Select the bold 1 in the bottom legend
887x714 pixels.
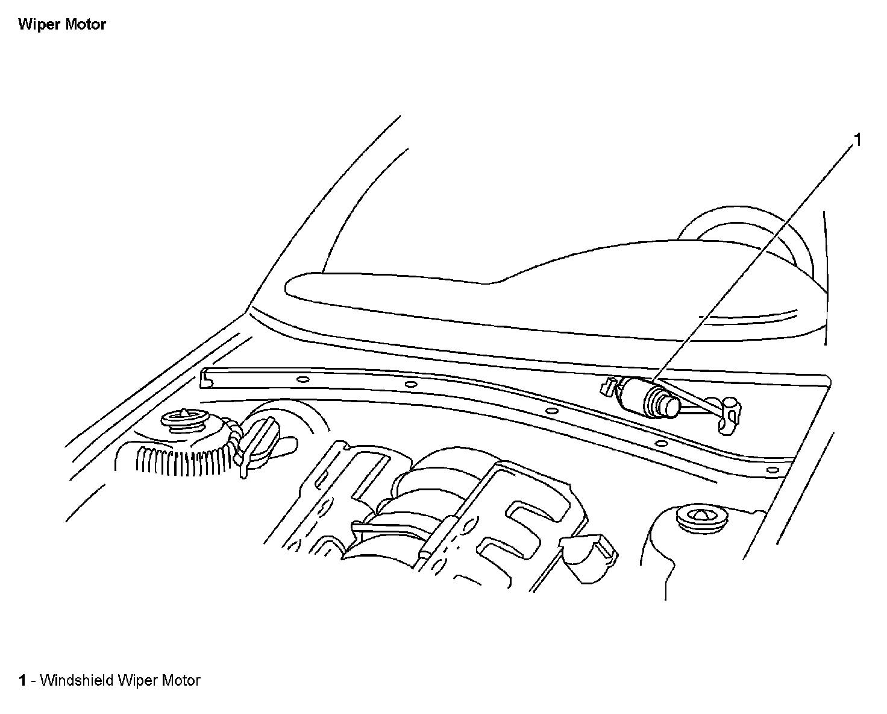click(22, 681)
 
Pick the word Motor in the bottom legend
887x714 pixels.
click(181, 681)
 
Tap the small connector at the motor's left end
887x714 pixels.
click(608, 387)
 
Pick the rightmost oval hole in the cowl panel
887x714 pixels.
click(771, 469)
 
